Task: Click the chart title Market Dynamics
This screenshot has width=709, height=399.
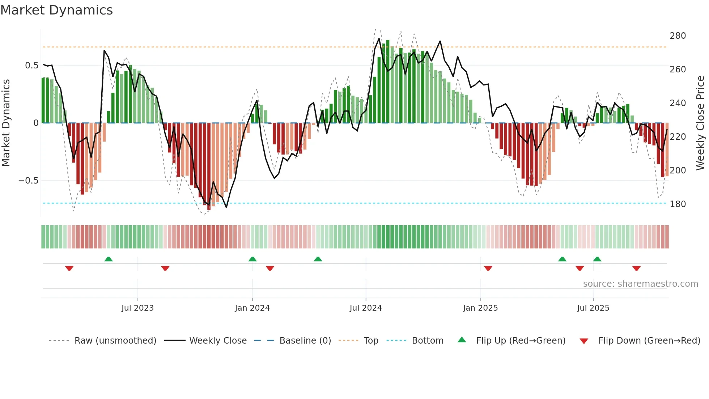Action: coord(57,10)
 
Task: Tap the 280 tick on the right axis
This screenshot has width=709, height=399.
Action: coord(678,36)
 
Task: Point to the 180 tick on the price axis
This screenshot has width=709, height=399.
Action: coord(678,204)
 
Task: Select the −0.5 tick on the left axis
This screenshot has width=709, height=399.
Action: coord(28,181)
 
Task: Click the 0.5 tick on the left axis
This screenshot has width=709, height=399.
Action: coord(31,66)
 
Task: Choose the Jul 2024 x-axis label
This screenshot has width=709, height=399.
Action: coord(365,308)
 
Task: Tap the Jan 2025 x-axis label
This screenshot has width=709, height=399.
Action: coord(480,308)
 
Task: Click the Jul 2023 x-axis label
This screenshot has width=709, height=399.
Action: coord(137,308)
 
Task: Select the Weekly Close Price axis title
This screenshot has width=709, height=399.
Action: coord(700,123)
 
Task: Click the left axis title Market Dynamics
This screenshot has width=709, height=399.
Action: coord(6,123)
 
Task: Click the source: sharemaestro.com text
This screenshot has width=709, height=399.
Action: coord(640,284)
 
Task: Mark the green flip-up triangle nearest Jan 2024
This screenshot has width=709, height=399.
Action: coord(252,259)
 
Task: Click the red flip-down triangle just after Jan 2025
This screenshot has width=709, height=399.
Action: coord(488,268)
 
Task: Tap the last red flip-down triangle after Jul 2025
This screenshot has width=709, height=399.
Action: coord(636,268)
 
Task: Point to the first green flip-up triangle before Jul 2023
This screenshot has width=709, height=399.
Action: coord(109,259)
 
